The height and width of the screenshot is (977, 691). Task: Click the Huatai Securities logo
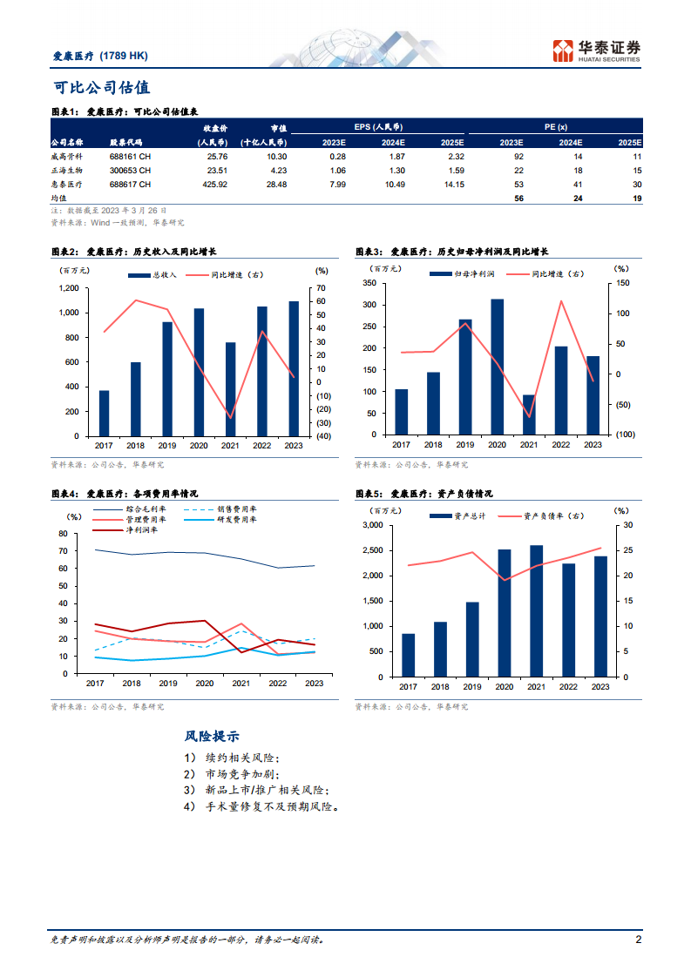tap(598, 50)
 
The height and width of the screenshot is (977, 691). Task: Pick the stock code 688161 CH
tap(130, 157)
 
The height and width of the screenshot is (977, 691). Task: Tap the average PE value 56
tap(518, 199)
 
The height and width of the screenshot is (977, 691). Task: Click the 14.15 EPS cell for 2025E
tap(453, 185)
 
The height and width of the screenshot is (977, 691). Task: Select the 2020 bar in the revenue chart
tap(199, 372)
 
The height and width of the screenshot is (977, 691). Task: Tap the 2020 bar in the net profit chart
tap(498, 367)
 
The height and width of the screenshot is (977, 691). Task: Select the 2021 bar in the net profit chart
tap(529, 414)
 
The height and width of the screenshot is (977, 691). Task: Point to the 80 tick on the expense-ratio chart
tap(62, 534)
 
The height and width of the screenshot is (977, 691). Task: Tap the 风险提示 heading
tap(213, 737)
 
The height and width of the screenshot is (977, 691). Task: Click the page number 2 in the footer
tap(639, 940)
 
